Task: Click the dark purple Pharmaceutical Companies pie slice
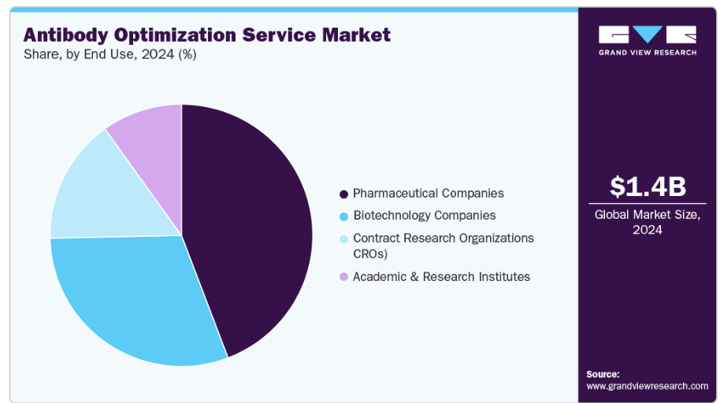252,228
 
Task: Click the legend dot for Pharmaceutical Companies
343,194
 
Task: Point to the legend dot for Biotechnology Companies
343,216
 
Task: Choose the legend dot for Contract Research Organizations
343,238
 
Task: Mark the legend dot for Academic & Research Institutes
343,277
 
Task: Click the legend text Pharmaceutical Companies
428,193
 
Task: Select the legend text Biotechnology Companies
424,215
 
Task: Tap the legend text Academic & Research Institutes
441,276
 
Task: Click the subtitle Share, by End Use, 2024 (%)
110,54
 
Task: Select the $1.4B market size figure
648,187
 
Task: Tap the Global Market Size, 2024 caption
648,221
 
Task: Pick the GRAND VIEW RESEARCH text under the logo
648,53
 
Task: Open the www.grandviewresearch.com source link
647,386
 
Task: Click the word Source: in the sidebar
603,374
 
